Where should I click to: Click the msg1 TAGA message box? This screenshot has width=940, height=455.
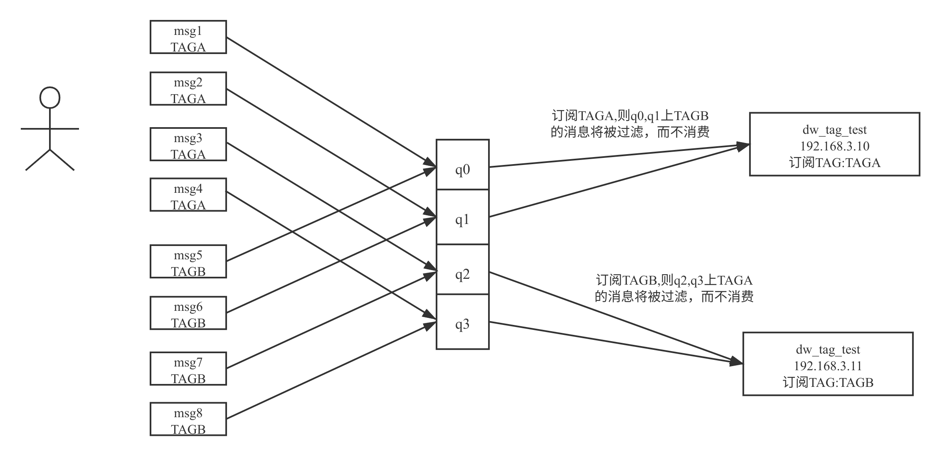[188, 37]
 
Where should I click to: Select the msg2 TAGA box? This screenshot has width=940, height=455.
[188, 89]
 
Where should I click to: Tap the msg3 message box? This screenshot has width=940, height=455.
[188, 145]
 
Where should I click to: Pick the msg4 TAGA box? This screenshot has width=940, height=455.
[188, 195]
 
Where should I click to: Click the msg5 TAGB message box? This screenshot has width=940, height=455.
[188, 262]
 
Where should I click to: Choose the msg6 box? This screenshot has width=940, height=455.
[188, 313]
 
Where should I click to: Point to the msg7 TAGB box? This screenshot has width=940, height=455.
[188, 369]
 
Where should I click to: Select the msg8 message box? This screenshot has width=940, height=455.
[188, 419]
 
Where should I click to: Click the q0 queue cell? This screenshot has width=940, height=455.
[463, 165]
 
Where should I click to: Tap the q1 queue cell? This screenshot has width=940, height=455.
[463, 217]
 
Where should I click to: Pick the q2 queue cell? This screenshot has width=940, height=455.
[463, 270]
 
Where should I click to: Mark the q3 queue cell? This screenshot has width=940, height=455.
[463, 322]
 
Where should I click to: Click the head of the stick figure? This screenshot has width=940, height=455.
[50, 98]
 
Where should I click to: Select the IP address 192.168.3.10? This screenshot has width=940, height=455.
[834, 146]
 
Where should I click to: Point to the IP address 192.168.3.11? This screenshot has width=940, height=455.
[828, 366]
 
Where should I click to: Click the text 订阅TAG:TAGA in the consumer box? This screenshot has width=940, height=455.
[834, 162]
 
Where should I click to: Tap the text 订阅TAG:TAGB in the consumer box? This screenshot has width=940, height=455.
[828, 382]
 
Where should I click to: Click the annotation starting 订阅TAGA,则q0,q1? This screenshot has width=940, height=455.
[630, 124]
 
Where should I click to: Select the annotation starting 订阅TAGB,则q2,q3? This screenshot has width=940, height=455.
[674, 288]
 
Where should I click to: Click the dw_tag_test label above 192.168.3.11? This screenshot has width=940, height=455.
[828, 350]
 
